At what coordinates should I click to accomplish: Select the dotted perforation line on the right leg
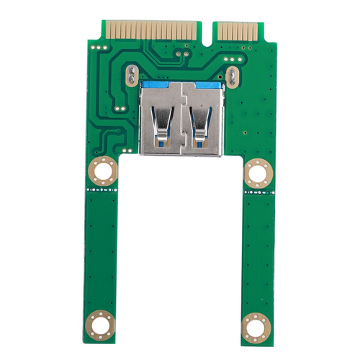[257, 194]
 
